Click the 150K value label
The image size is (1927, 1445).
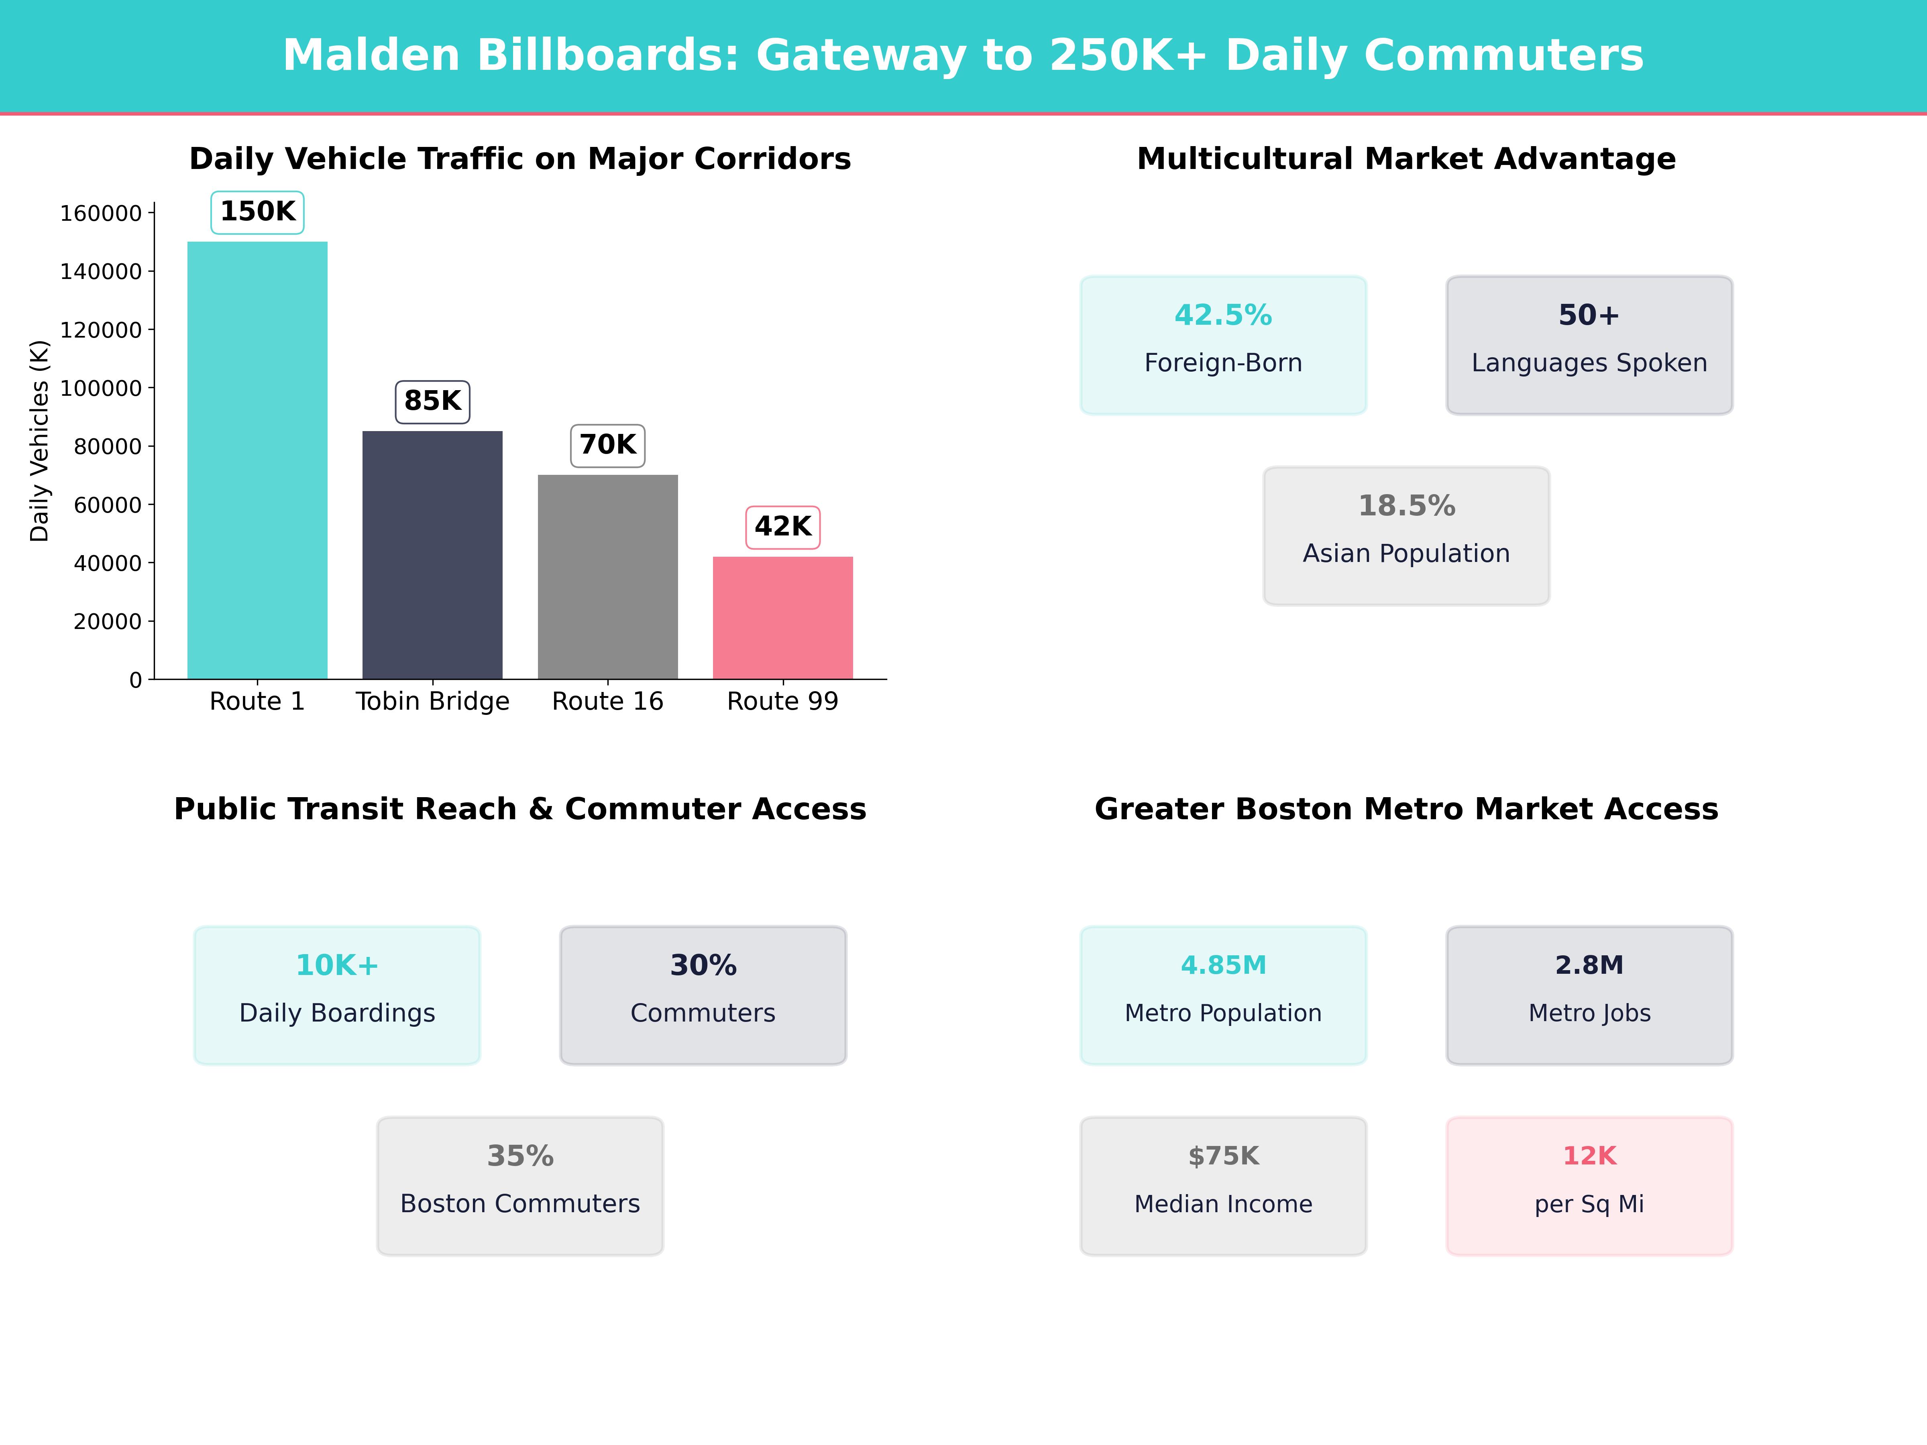[x=258, y=212]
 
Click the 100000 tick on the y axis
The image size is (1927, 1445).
[x=100, y=389]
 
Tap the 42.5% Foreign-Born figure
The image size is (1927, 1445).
[x=1223, y=315]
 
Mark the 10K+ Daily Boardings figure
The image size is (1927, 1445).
[x=337, y=965]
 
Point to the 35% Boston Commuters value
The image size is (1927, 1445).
[x=520, y=1156]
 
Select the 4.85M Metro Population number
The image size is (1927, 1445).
[x=1223, y=965]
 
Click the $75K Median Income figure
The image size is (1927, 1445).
[x=1223, y=1156]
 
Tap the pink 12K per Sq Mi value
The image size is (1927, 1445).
[x=1589, y=1156]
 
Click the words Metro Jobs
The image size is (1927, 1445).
[x=1589, y=1013]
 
